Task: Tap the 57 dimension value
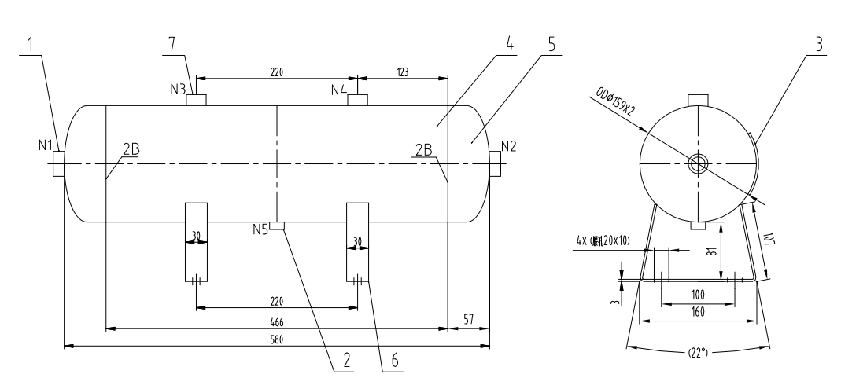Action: [x=469, y=320]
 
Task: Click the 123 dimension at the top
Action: [x=402, y=71]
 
